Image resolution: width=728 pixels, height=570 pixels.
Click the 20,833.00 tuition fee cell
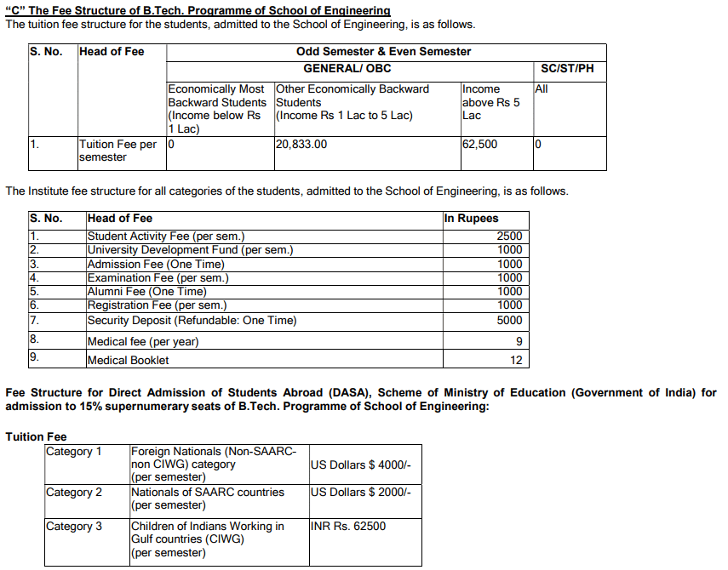point(302,145)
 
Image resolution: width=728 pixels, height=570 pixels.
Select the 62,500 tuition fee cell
point(480,145)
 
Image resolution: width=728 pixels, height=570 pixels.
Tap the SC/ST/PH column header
point(567,68)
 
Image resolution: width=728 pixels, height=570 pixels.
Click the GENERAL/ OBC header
point(347,68)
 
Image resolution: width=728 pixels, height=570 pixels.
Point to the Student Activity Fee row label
point(166,237)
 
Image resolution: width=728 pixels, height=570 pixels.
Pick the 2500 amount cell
point(509,237)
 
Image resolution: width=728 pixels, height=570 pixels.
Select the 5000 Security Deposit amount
point(509,321)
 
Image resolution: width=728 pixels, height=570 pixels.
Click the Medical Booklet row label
point(129,361)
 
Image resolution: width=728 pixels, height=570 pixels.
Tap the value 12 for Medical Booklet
point(516,361)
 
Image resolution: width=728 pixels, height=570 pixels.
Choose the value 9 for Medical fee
point(519,342)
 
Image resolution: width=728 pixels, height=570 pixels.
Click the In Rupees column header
point(471,219)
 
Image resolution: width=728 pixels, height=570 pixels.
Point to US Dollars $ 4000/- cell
point(361,465)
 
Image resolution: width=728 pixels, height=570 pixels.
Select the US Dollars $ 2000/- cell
point(361,493)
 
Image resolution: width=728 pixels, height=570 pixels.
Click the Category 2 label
point(74,493)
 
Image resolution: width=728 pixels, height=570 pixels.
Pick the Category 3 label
point(74,527)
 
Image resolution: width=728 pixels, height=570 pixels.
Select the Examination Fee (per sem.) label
point(158,278)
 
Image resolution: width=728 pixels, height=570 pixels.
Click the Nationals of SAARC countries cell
point(208,493)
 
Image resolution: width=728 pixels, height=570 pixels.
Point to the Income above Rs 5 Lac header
point(491,102)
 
